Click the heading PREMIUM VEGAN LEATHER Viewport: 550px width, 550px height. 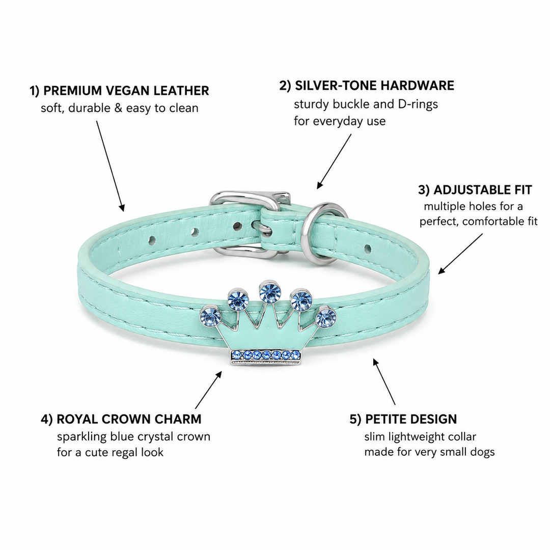click(x=126, y=91)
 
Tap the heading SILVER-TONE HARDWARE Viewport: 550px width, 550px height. click(x=374, y=86)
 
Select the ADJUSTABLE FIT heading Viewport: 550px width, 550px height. click(x=483, y=190)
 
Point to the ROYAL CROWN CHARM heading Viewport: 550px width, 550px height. click(x=129, y=419)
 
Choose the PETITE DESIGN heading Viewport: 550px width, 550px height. click(x=411, y=419)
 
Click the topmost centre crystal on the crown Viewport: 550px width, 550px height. click(x=269, y=291)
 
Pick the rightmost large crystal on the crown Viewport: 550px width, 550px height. click(x=326, y=317)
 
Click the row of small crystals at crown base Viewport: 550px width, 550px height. click(x=265, y=354)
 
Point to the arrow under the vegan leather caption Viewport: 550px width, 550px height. click(x=110, y=166)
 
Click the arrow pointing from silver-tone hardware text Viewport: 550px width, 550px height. click(x=334, y=161)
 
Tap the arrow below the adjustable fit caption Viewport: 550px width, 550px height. click(x=460, y=254)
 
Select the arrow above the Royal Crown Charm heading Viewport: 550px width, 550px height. click(x=208, y=390)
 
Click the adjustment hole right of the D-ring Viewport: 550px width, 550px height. click(x=367, y=249)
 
